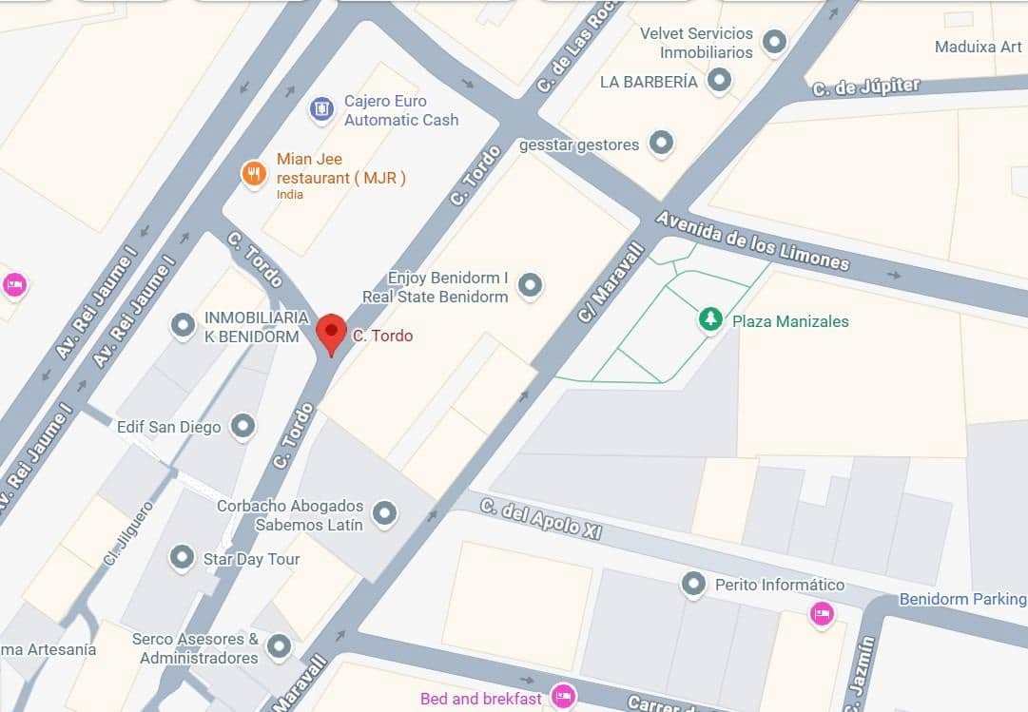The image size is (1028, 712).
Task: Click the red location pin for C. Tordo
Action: click(331, 333)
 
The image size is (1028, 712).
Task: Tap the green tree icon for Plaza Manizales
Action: click(710, 320)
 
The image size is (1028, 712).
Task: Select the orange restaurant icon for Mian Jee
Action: click(253, 173)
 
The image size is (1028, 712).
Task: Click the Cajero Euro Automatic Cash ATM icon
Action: click(322, 109)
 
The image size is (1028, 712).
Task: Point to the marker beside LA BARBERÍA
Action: click(720, 81)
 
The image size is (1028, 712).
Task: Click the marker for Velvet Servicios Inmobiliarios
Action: click(775, 42)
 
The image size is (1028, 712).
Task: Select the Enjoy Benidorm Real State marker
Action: click(530, 285)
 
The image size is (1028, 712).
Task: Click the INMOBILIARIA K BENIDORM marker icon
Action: click(183, 326)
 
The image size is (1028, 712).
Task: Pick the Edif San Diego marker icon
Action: click(243, 426)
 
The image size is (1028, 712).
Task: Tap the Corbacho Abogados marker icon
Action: click(384, 514)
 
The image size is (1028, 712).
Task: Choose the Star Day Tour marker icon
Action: click(182, 558)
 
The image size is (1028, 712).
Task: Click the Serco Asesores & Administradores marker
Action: click(279, 647)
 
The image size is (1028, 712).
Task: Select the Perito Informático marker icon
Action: click(694, 584)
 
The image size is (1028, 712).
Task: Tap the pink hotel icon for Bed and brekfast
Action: click(565, 698)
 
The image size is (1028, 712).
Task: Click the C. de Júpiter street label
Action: click(865, 87)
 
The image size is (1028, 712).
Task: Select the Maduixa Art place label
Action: click(978, 47)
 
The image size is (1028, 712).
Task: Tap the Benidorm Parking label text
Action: click(962, 599)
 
